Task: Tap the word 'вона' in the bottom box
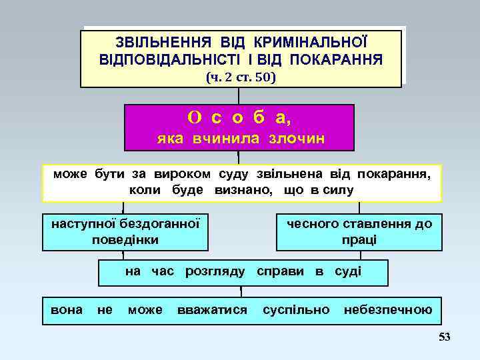coord(67,309)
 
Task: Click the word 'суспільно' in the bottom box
coord(296,309)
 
